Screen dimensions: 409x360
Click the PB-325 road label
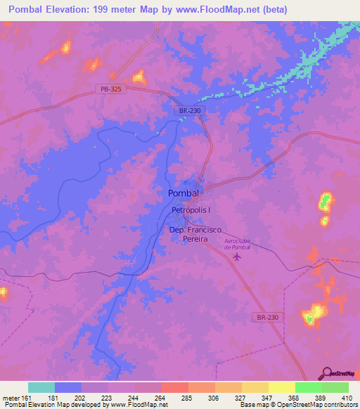(108, 89)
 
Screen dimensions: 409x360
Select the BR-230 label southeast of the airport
(266, 318)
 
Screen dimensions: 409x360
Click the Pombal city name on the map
(184, 193)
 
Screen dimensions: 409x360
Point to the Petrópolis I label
(191, 210)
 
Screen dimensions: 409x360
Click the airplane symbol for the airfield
(236, 258)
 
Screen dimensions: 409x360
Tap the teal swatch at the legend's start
(41, 387)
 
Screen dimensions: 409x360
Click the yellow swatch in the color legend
(281, 387)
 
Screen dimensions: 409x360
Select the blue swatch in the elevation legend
(68, 387)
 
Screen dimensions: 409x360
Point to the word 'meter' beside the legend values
(11, 398)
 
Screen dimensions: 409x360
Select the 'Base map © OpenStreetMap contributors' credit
(297, 405)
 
